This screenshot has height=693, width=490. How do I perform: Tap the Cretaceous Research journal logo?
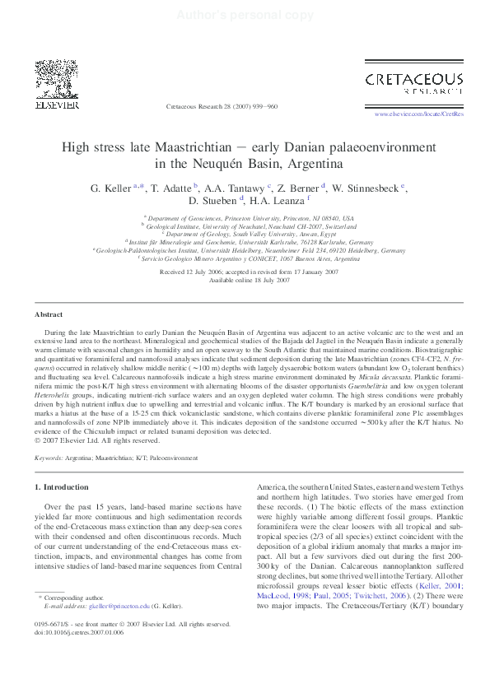(413, 84)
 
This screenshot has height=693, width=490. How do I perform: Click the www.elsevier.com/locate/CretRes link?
(418, 114)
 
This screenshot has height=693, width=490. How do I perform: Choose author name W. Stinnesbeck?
(366, 188)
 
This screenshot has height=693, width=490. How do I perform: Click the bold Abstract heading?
(48, 291)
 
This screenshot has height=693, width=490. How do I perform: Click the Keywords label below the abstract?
(49, 457)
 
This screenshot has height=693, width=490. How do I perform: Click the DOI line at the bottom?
(79, 632)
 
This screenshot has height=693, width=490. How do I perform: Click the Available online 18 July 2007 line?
(237, 280)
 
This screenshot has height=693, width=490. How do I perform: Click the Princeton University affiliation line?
(250, 218)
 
